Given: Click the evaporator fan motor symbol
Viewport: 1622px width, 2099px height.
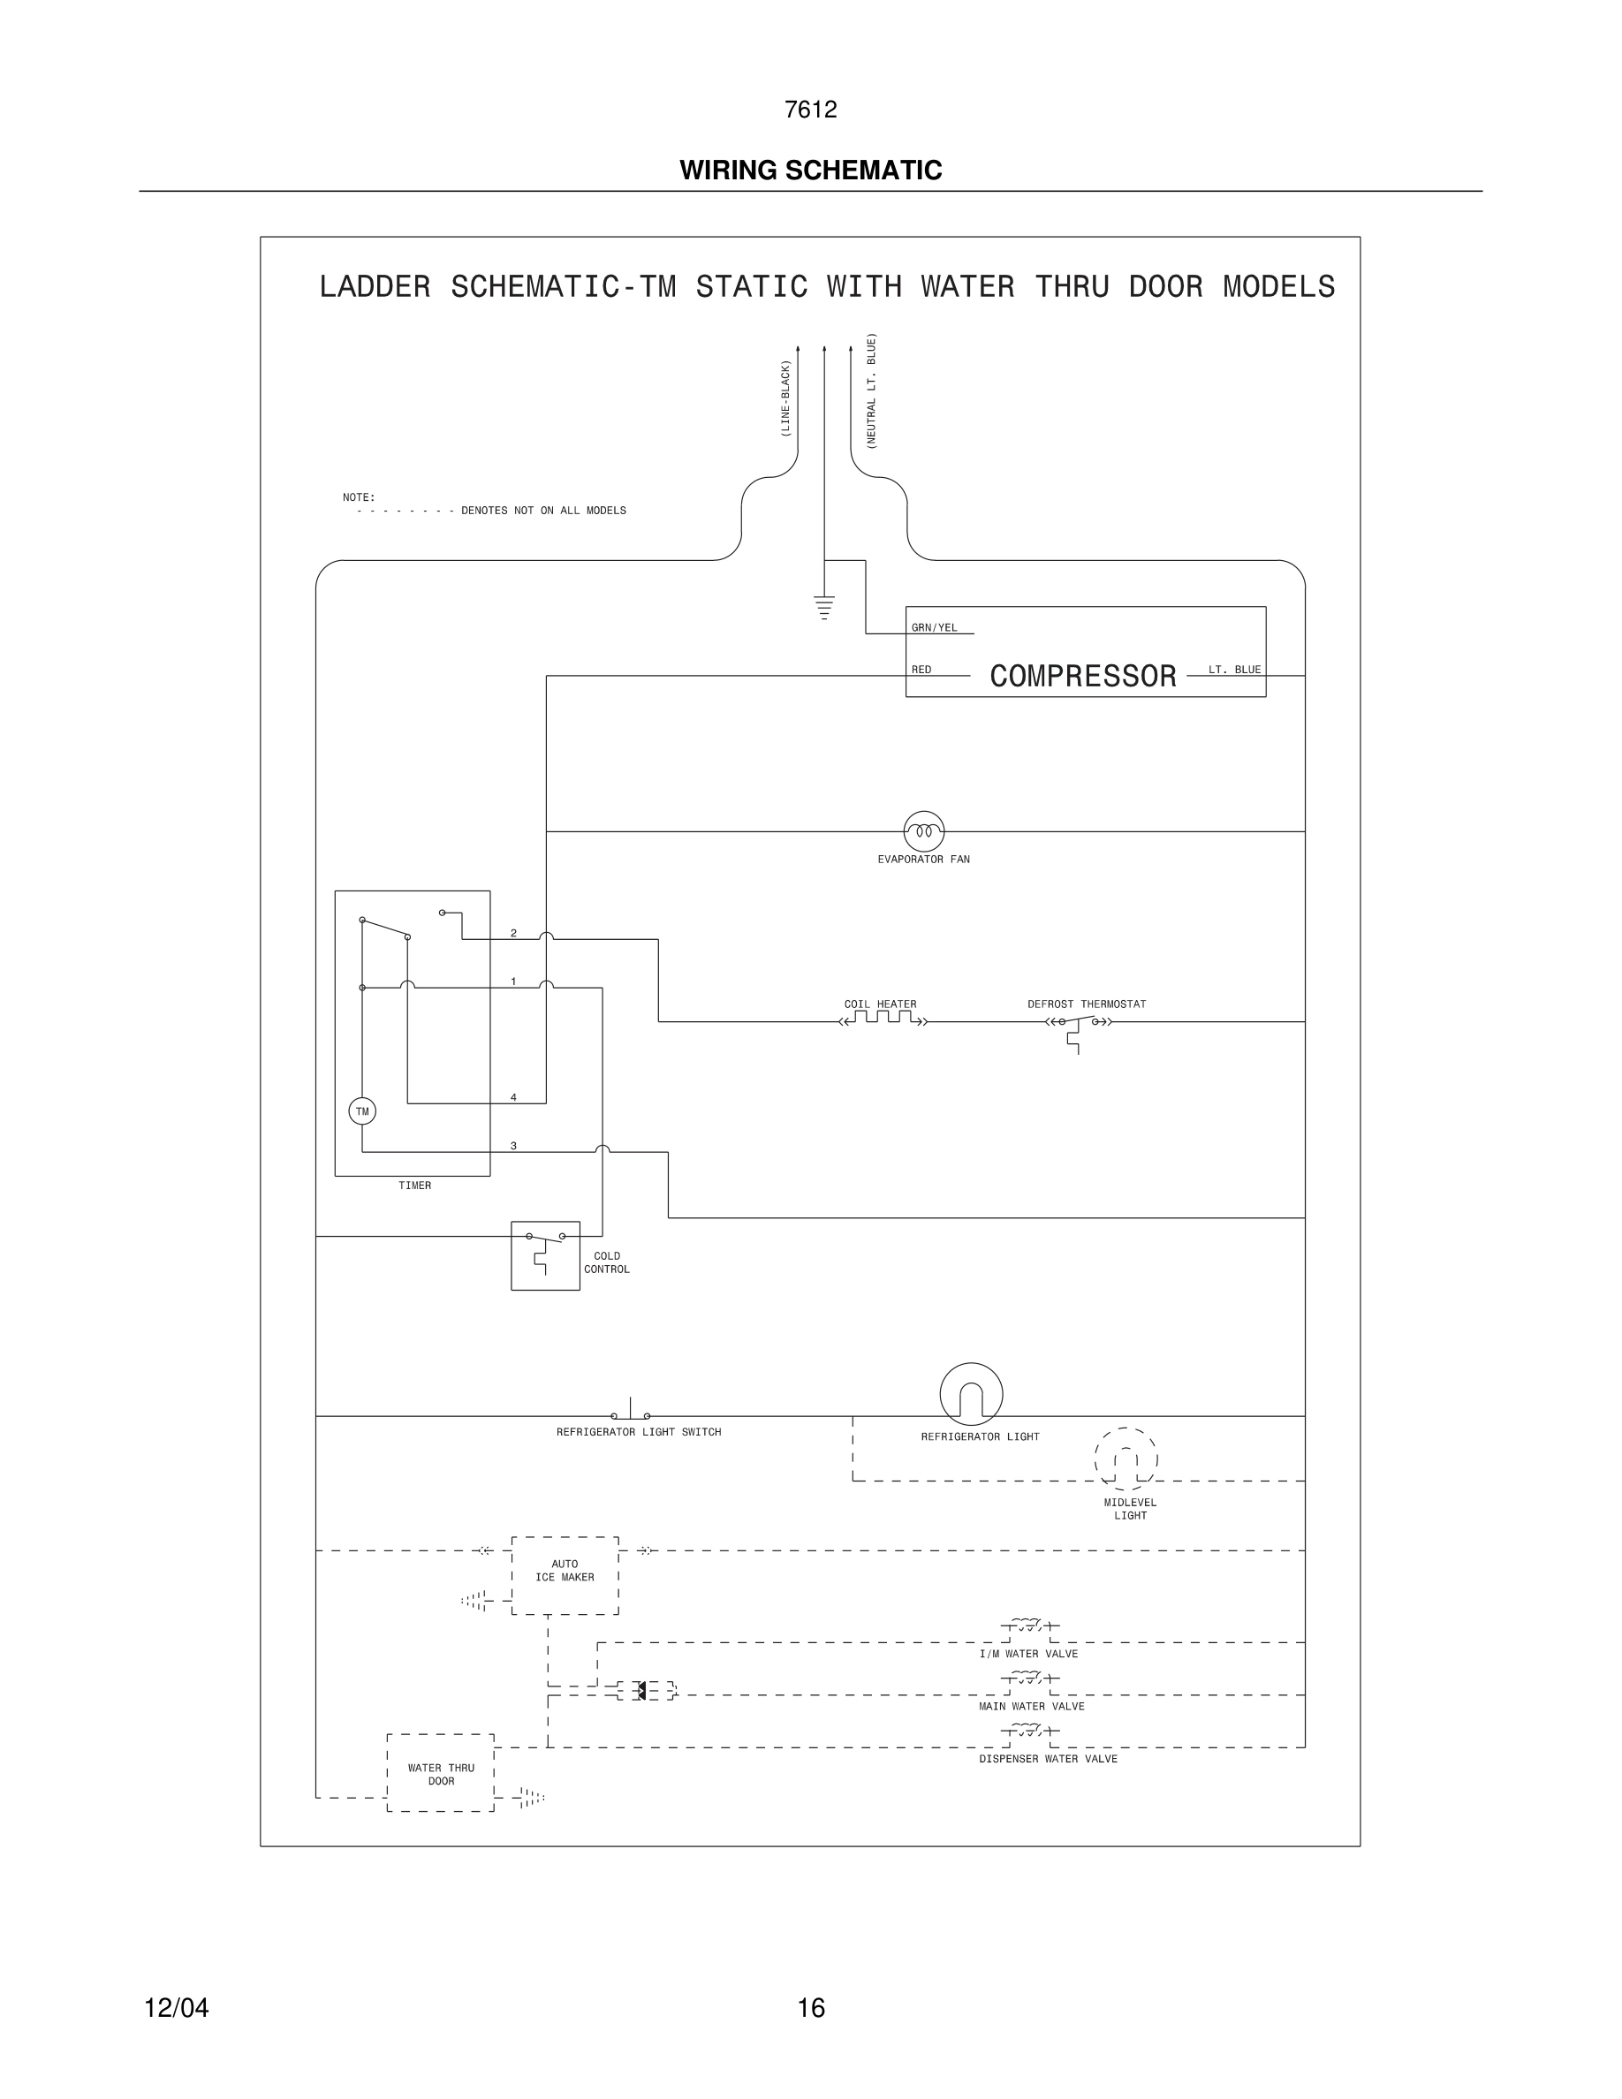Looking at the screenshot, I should click(923, 830).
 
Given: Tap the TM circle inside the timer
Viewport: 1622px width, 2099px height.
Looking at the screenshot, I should click(362, 1111).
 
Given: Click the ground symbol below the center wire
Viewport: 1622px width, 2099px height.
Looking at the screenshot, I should click(823, 608).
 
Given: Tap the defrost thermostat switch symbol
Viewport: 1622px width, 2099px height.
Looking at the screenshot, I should click(1078, 1024).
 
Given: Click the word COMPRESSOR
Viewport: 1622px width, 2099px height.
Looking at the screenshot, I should click(1083, 677).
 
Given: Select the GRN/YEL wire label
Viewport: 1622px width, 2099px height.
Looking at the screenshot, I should click(934, 627).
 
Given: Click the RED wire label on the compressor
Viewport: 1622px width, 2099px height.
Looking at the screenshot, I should click(921, 670).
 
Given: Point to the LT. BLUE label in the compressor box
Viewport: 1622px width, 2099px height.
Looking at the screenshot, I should click(1234, 670).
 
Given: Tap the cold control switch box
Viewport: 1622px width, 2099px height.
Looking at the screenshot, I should click(545, 1255).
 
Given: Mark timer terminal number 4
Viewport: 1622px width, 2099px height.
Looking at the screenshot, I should click(513, 1097).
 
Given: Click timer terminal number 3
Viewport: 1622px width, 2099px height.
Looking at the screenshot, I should click(513, 1146).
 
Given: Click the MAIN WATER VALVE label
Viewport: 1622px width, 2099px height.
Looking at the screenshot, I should click(1031, 1706).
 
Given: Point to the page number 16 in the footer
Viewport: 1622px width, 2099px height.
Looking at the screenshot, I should click(811, 2008).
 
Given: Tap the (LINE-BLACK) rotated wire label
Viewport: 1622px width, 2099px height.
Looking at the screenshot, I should click(785, 398).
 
